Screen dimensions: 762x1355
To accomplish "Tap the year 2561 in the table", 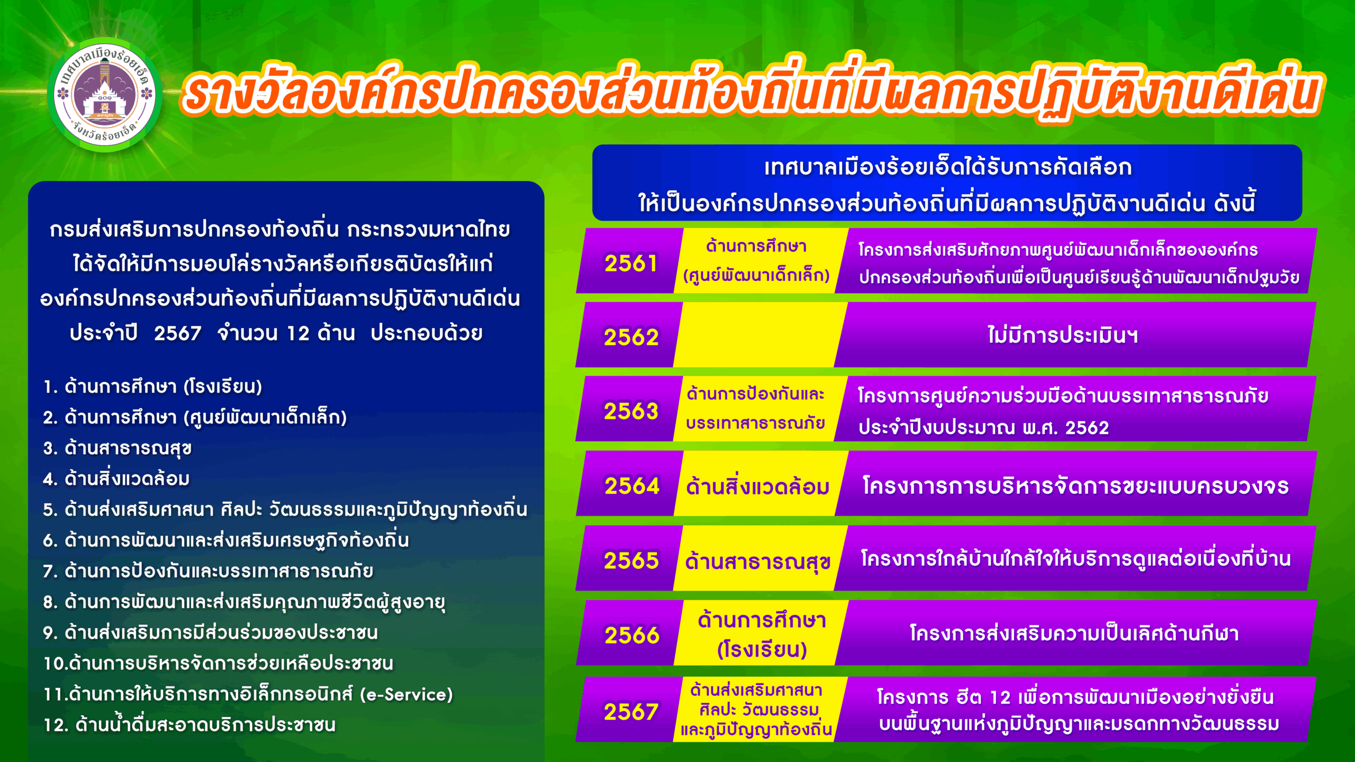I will (x=631, y=263).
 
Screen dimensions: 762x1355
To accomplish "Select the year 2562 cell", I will (x=631, y=337).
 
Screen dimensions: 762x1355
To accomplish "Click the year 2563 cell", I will (x=631, y=411).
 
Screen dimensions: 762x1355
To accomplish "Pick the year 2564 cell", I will (x=632, y=486).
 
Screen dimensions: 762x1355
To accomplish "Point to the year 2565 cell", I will (x=631, y=560).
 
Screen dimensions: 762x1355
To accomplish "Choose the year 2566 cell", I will (x=632, y=635).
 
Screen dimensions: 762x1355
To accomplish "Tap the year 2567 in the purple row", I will (x=631, y=712).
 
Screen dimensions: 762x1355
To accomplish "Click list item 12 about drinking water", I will (x=189, y=725).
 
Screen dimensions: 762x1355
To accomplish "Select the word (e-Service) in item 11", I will (x=406, y=694).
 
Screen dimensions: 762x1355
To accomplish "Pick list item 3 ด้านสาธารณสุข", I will (x=117, y=448).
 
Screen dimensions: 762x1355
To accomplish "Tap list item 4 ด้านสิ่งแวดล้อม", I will (x=116, y=479).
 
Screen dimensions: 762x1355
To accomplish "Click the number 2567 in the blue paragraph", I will (x=177, y=333).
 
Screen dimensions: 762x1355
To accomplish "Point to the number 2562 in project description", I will (x=1087, y=428).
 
